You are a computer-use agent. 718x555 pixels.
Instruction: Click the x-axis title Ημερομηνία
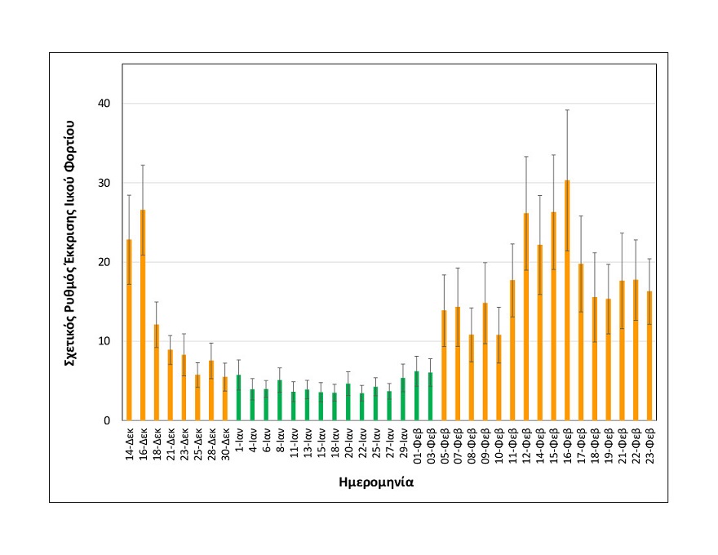point(376,482)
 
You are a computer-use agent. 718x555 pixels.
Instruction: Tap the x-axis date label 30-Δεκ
point(225,445)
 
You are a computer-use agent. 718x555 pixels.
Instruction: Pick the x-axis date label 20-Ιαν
point(348,445)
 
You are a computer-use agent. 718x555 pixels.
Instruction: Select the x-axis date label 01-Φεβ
point(416,446)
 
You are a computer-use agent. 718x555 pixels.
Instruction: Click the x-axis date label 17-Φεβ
point(581,446)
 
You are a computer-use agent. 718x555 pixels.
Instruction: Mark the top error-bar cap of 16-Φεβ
point(567,109)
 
